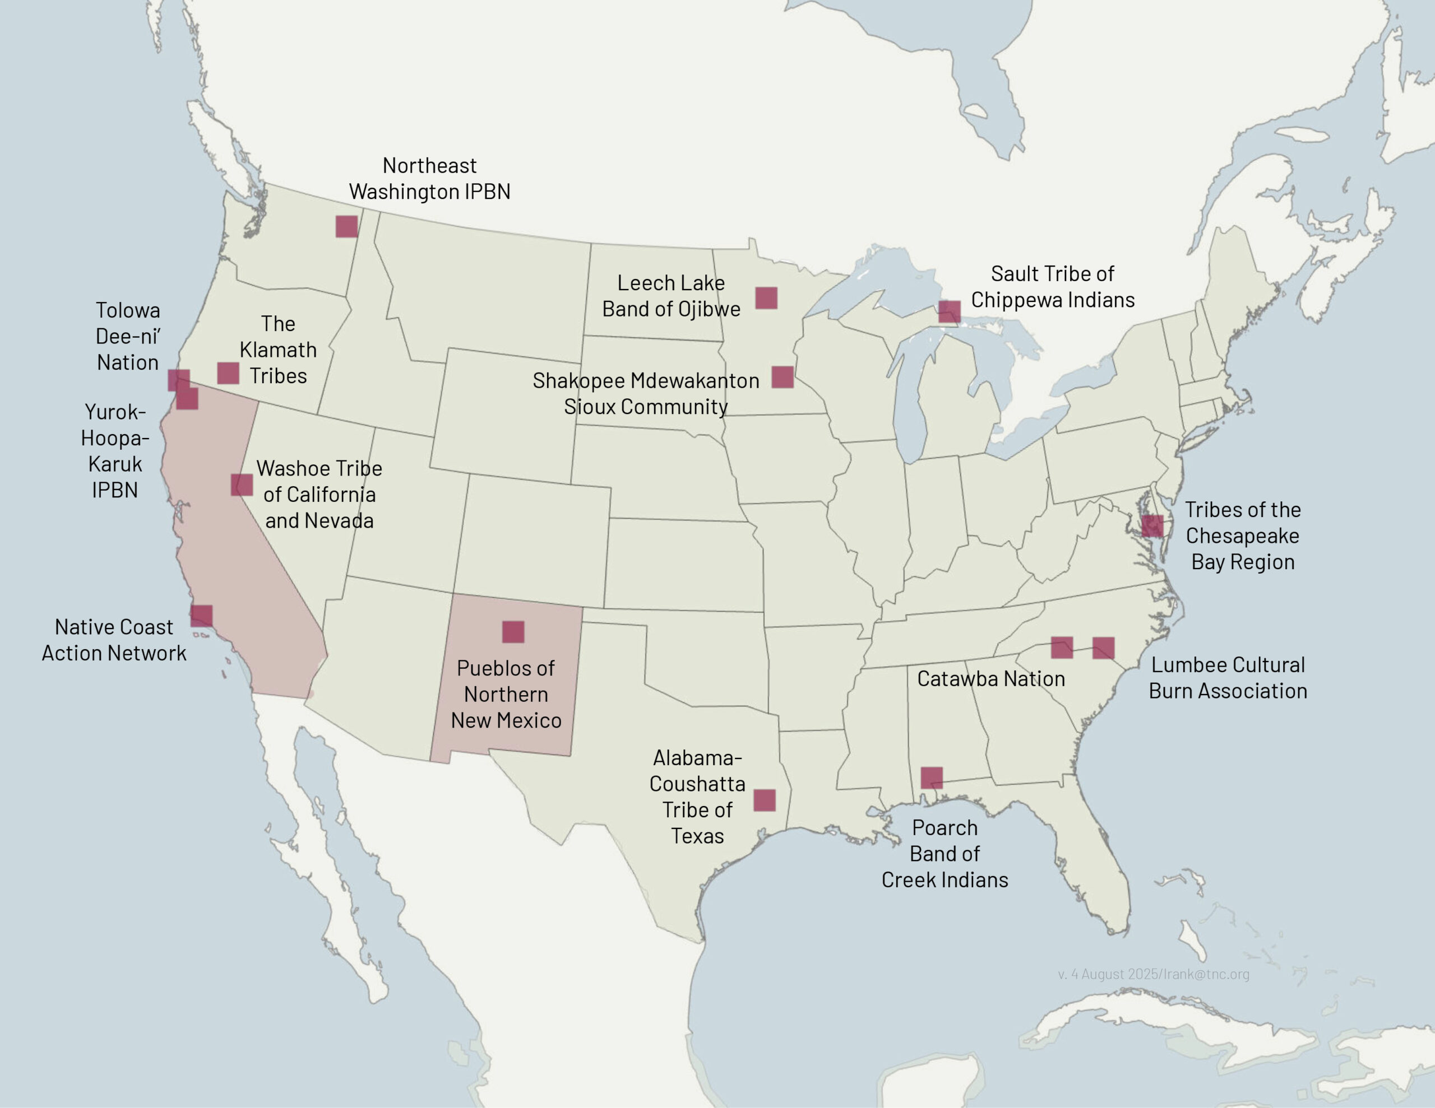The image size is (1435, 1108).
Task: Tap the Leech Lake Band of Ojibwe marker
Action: (766, 297)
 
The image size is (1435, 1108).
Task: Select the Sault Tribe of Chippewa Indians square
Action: (950, 311)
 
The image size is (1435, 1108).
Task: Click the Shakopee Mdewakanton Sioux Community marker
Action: (783, 377)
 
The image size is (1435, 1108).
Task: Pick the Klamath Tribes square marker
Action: (228, 373)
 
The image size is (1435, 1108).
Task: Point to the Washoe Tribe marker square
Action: (242, 485)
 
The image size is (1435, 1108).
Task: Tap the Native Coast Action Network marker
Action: (202, 616)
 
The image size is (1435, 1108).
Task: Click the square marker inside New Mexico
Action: (513, 632)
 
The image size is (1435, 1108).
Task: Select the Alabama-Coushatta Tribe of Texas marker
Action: (764, 800)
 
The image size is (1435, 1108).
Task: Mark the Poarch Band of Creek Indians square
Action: (932, 778)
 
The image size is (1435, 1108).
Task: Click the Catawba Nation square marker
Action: (1062, 647)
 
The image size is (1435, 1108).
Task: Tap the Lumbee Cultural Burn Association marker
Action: (1103, 648)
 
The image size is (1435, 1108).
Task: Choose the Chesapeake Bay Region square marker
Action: (1152, 526)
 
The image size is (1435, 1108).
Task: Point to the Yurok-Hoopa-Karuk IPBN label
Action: (115, 450)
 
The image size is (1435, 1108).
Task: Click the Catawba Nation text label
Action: (991, 678)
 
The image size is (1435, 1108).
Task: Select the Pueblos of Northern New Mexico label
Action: (506, 694)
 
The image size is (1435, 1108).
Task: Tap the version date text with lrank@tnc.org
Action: (1153, 974)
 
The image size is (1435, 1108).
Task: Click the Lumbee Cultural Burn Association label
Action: (1228, 678)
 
